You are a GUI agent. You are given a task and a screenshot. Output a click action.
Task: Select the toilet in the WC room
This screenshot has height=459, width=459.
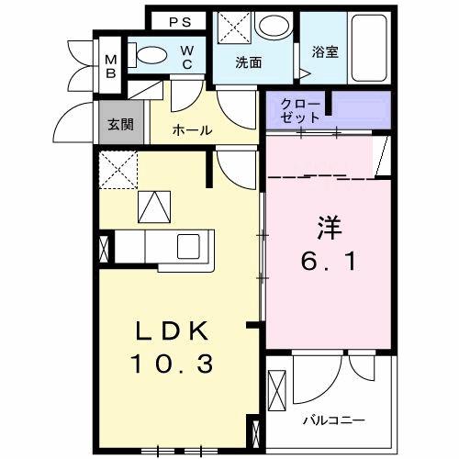click(x=149, y=55)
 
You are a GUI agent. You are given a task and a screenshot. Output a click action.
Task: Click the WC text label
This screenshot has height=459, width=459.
click(x=186, y=57)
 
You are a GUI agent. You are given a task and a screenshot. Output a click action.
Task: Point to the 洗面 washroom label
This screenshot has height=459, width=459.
click(x=248, y=63)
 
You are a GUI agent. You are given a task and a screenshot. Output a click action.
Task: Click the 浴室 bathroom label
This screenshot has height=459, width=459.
click(x=325, y=52)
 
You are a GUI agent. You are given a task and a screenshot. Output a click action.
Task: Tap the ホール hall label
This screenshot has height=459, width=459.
click(x=193, y=130)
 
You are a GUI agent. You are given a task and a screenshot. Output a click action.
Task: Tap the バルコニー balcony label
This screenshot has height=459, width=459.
click(x=333, y=420)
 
